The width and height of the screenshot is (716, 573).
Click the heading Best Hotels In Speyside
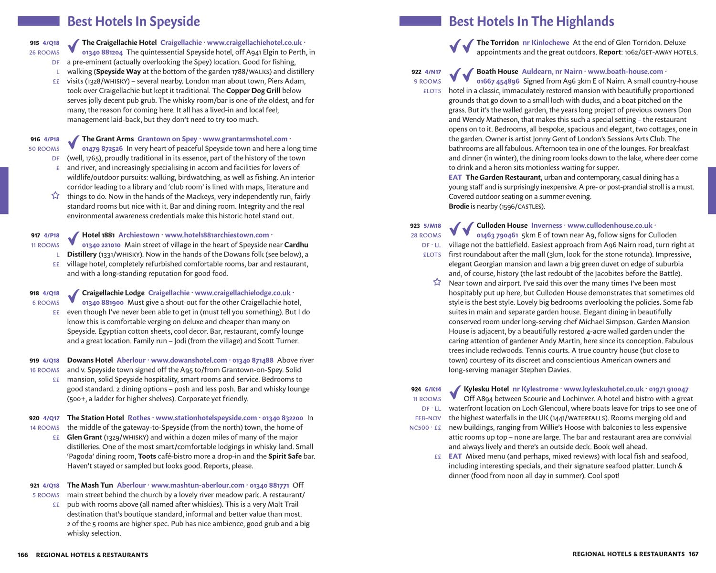[x=133, y=21]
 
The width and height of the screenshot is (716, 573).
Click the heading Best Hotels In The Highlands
[x=531, y=21]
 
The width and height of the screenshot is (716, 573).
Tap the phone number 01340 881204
[x=102, y=53]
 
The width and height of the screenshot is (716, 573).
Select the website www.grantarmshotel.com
[x=245, y=139]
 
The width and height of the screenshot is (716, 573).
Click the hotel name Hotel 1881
[x=98, y=235]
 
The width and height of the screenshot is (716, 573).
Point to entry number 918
[x=34, y=293]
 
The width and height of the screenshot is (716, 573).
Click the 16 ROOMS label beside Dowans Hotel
[x=44, y=370]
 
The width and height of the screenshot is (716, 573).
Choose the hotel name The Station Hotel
[x=95, y=418]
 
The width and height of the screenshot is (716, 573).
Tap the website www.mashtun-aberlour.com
[x=198, y=485]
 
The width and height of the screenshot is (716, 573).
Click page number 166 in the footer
[x=23, y=555]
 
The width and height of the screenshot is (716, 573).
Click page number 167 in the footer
[x=693, y=554]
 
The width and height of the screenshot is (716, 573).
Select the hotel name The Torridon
[x=497, y=42]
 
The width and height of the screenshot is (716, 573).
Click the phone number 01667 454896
[x=498, y=81]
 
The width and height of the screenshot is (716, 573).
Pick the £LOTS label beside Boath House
[x=432, y=91]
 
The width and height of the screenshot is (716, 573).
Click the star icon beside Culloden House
[x=437, y=282]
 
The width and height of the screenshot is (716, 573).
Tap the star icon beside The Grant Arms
[x=55, y=195]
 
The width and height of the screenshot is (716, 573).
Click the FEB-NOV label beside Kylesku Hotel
[x=428, y=418]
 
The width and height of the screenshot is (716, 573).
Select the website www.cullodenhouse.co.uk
[x=610, y=225]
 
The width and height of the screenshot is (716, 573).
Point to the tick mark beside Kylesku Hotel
[x=455, y=392]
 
